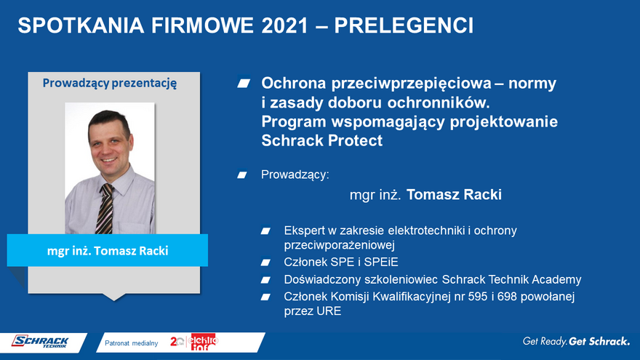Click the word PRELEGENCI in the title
pos(404,25)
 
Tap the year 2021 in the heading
pos(285,25)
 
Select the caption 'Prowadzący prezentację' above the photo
pos(110,83)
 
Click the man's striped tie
pos(105,209)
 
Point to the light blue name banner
pos(108,250)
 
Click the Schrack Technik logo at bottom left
pos(41,342)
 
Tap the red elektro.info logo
pos(202,342)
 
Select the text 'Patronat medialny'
pos(132,343)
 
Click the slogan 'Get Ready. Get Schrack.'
pos(576,341)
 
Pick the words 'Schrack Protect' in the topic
pos(322,140)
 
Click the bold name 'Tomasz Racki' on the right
pos(454,195)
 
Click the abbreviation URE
pos(329,311)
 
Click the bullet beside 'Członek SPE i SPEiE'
pos(265,263)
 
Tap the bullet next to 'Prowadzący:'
pos(242,175)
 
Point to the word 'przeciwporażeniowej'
pos(340,245)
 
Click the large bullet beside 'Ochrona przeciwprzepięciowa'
pos(244,84)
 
